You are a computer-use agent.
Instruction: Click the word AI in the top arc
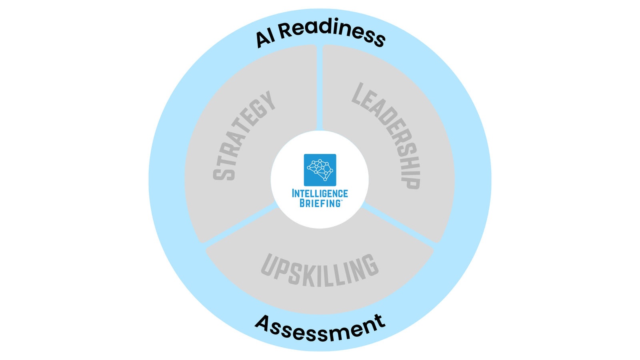[x=265, y=38]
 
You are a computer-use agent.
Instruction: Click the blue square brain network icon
[x=320, y=170]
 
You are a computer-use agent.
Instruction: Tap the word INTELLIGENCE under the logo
[x=320, y=194]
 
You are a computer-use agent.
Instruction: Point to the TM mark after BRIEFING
[x=341, y=201]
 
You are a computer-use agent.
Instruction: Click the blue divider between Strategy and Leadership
[x=320, y=88]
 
